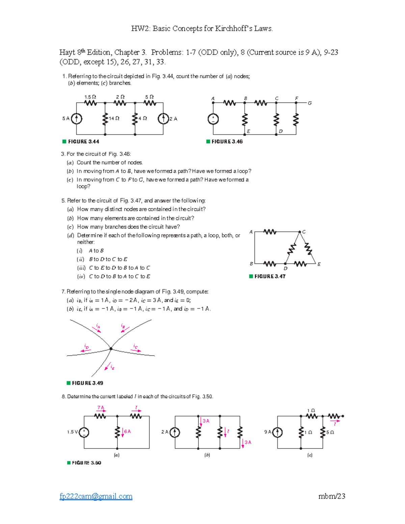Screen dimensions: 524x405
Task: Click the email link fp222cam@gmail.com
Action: tap(96, 496)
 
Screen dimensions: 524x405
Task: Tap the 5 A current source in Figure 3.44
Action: tap(77, 118)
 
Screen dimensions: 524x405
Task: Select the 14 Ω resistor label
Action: tap(114, 118)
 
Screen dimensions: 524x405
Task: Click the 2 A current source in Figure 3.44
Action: tap(163, 118)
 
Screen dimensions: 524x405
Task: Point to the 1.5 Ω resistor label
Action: tap(90, 97)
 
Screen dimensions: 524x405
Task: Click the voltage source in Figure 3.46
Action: tap(213, 119)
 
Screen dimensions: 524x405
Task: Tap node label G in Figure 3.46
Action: tap(309, 103)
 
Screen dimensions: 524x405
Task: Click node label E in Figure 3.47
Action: tap(319, 264)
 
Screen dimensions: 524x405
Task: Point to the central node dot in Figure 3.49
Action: tap(111, 349)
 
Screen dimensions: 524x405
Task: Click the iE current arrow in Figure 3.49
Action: tap(108, 367)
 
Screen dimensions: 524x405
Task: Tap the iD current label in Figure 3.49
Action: tap(87, 347)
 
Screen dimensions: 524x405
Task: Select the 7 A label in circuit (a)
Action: tap(101, 408)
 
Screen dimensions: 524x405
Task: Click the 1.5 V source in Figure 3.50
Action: tap(84, 432)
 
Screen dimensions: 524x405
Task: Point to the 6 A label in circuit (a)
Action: tap(127, 432)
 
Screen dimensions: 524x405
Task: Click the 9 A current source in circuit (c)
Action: tap(277, 432)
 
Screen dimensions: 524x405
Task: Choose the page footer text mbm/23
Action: tap(332, 496)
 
